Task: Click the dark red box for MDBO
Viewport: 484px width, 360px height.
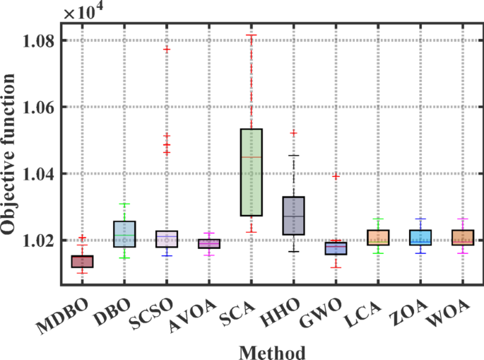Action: click(x=82, y=261)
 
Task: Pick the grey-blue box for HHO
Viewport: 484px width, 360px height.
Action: click(x=294, y=215)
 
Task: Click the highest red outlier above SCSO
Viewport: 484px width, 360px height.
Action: click(x=167, y=50)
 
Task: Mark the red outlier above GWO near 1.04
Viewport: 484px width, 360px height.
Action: click(x=336, y=176)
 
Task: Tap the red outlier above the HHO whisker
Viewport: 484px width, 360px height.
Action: click(x=294, y=133)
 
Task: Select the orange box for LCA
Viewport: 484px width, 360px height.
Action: click(x=379, y=237)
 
